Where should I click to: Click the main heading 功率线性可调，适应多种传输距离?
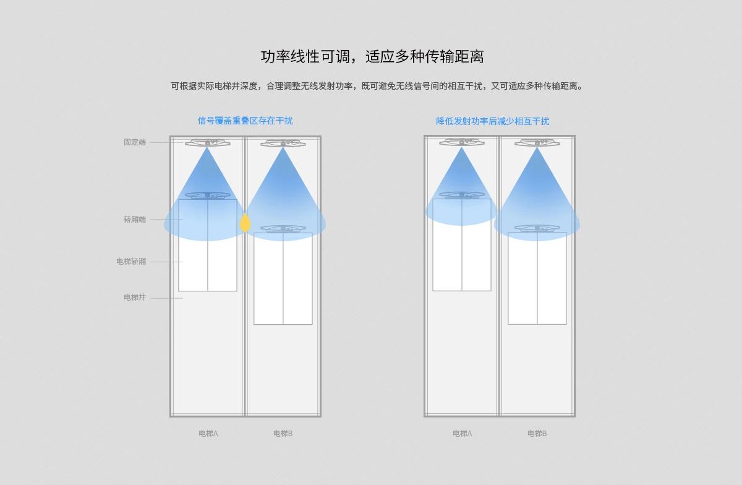click(372, 57)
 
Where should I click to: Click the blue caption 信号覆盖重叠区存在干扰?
click(245, 121)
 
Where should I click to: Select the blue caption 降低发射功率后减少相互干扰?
click(492, 121)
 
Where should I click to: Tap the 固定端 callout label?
click(135, 142)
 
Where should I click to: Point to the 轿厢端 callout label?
click(135, 220)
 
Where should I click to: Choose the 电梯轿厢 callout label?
click(131, 262)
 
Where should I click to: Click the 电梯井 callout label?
click(135, 298)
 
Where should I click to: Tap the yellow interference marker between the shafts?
click(245, 223)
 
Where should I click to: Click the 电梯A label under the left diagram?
click(208, 434)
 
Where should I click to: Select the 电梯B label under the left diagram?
click(283, 434)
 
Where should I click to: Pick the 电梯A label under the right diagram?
click(462, 434)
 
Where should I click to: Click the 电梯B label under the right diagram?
click(537, 434)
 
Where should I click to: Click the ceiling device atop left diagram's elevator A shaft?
click(208, 143)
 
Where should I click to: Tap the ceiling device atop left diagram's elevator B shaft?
click(283, 144)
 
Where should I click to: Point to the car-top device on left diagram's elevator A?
click(208, 195)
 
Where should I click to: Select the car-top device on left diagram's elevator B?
click(283, 229)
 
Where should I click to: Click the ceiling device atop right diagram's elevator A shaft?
click(462, 142)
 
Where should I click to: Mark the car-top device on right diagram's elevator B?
click(537, 228)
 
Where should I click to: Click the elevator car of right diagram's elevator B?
click(537, 278)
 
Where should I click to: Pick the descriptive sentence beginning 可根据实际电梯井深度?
click(377, 86)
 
